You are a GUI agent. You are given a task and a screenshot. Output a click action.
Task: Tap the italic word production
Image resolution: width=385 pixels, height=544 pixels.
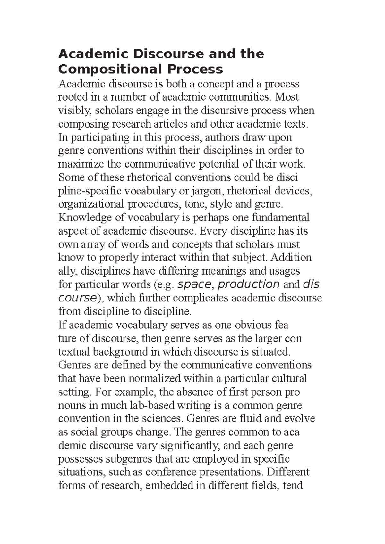coord(249,284)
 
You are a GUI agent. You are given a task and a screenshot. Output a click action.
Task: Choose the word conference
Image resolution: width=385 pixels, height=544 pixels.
coord(171,472)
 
